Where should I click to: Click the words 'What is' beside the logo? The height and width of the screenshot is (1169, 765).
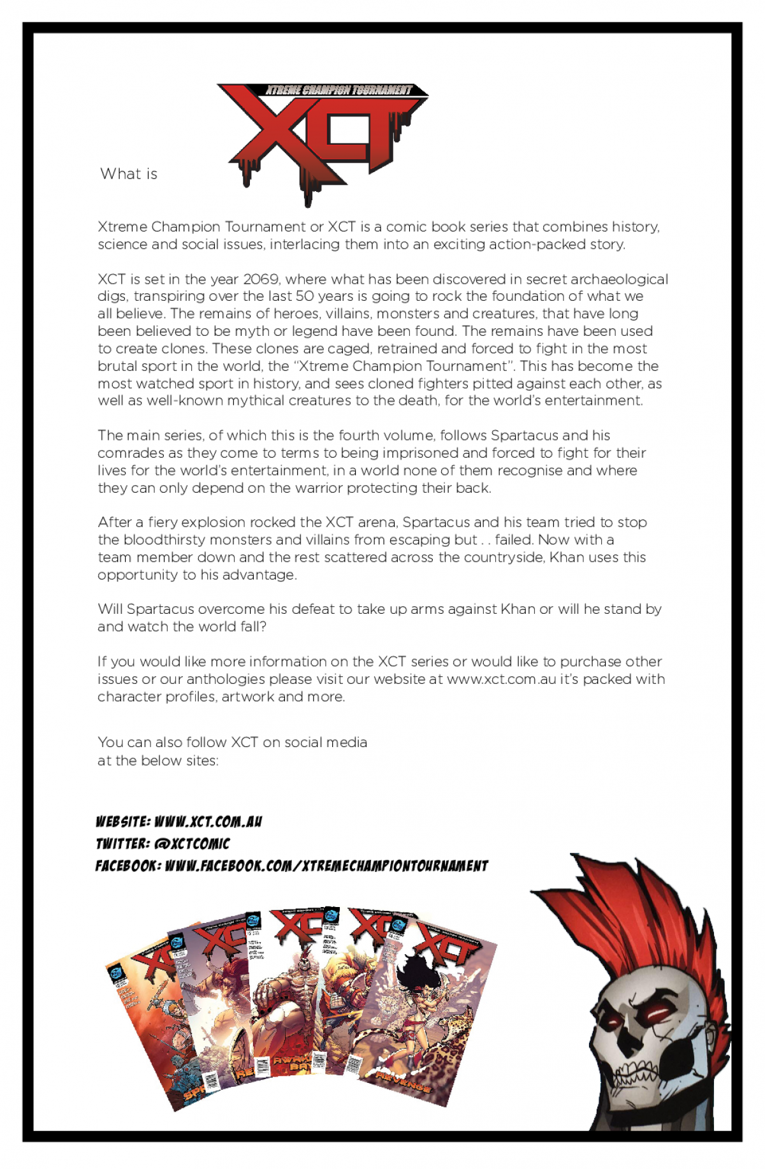click(x=129, y=174)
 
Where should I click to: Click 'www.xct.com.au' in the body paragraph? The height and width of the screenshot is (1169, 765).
click(x=501, y=679)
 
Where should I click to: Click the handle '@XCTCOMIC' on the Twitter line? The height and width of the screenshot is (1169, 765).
click(x=192, y=844)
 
